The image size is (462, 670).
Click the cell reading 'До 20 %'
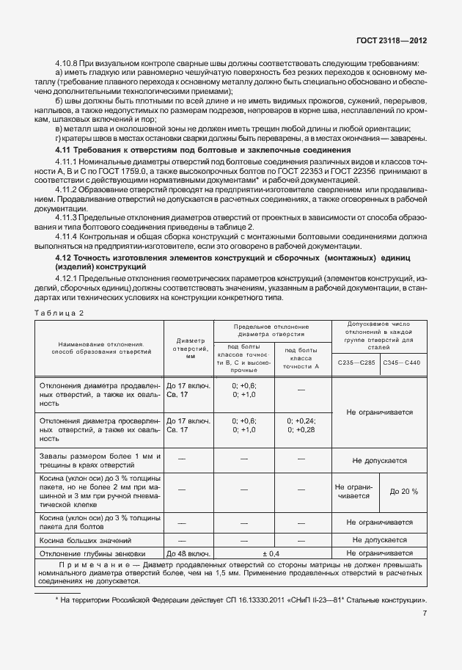(404, 491)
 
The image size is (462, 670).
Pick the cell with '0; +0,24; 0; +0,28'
(301, 425)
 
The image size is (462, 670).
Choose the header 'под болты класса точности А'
(301, 356)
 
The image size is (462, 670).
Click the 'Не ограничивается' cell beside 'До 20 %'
(353, 491)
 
